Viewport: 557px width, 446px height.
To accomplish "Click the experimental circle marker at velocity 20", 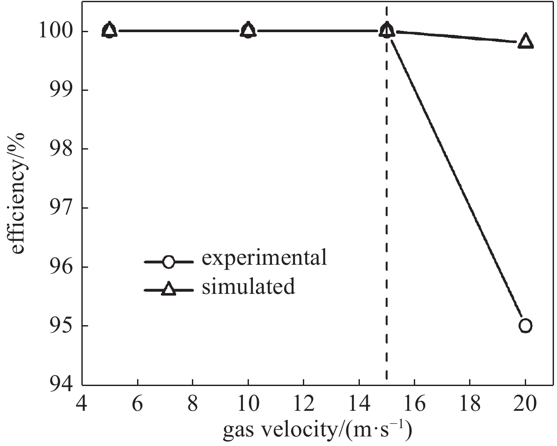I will [525, 326].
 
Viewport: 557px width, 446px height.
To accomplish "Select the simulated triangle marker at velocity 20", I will [526, 41].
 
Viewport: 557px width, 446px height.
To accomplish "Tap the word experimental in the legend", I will [264, 258].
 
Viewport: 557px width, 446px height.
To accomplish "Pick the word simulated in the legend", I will [248, 287].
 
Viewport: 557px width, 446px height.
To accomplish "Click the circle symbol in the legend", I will [168, 262].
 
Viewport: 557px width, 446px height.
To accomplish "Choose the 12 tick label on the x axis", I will [303, 405].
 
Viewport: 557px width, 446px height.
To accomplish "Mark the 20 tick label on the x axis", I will [525, 405].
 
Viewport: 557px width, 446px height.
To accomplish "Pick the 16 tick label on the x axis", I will [414, 405].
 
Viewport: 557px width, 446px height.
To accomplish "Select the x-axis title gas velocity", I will [318, 430].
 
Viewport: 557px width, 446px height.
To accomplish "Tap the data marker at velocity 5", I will [110, 30].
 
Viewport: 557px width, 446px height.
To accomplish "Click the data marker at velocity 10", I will [248, 30].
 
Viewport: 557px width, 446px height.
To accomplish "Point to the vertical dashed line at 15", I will [386, 217].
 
